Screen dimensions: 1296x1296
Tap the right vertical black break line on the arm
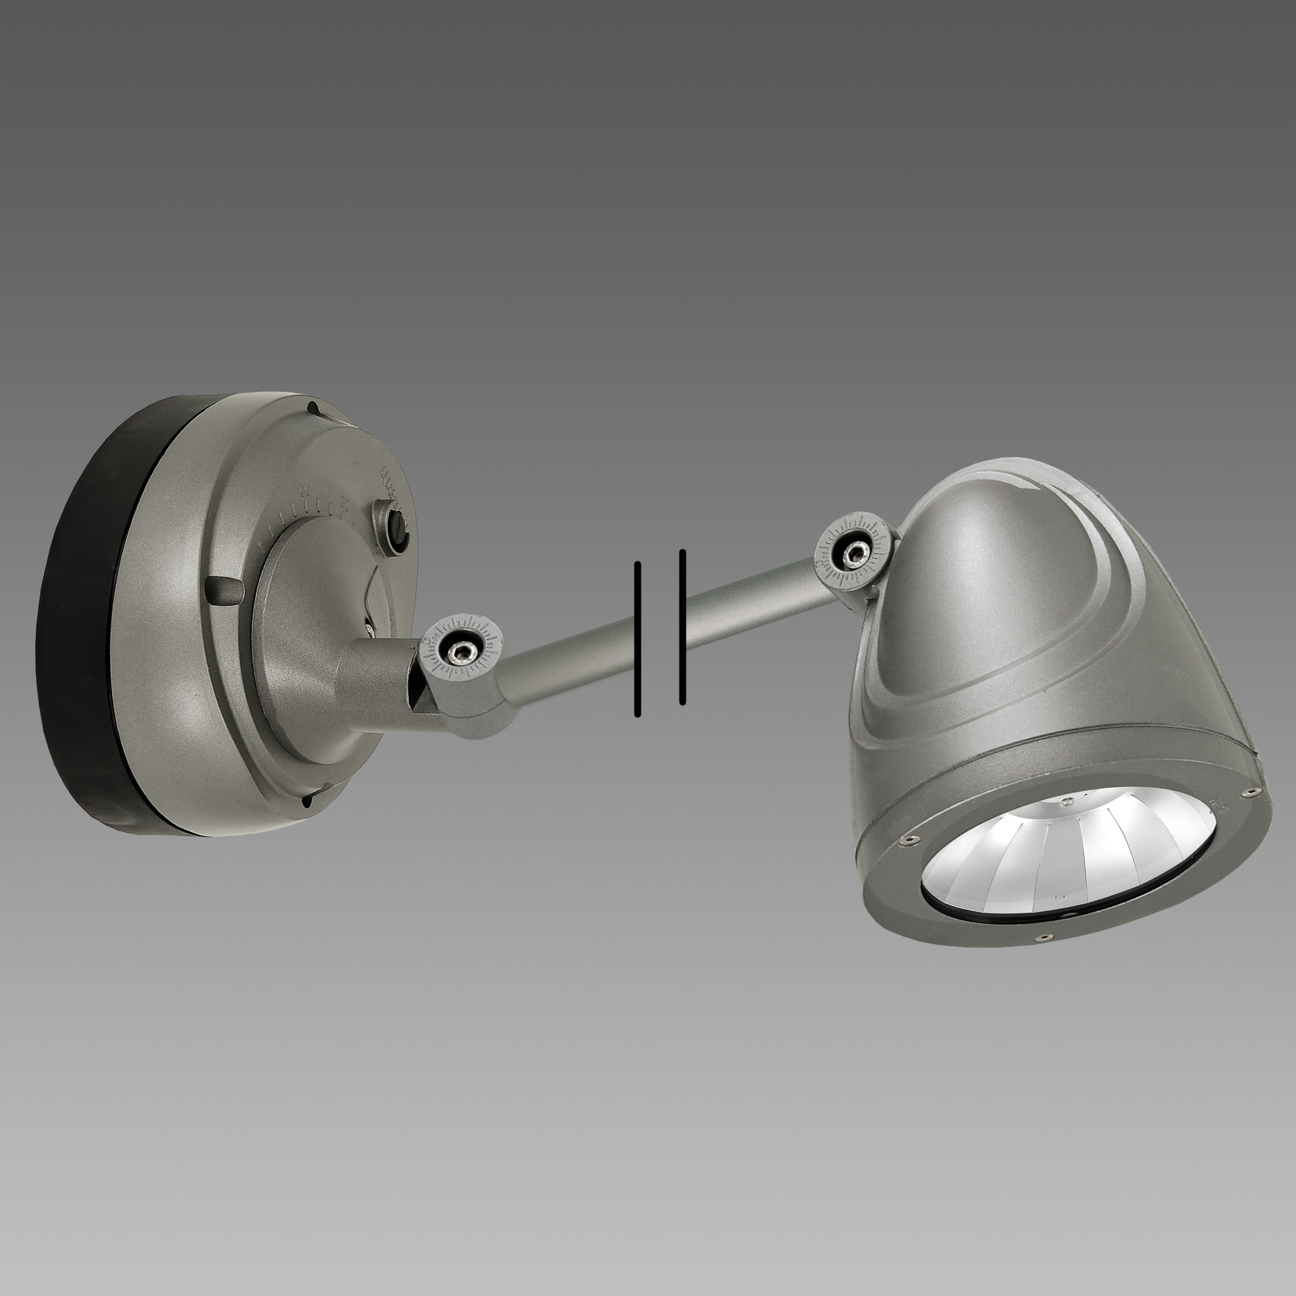(x=682, y=627)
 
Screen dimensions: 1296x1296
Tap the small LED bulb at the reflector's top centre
(x=1065, y=802)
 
